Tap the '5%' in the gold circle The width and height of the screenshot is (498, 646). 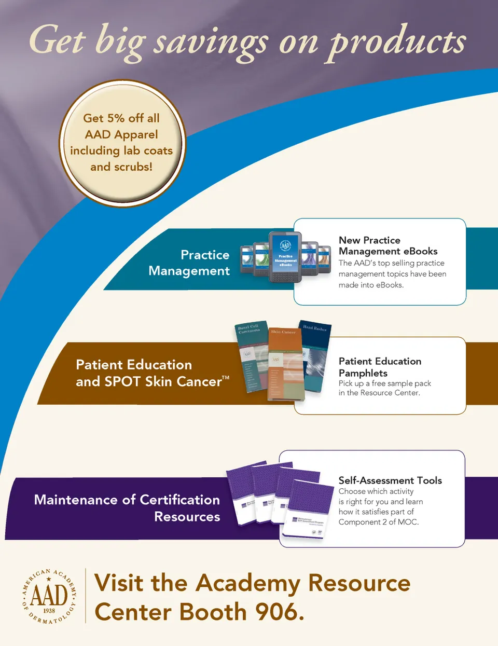(x=116, y=118)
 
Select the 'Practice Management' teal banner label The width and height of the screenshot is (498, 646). (x=189, y=263)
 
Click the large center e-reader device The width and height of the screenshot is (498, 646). (x=285, y=257)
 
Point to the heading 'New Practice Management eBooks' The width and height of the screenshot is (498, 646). (x=388, y=245)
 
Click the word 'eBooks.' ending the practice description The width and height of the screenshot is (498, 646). (x=390, y=285)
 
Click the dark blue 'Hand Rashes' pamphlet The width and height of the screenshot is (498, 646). (x=316, y=358)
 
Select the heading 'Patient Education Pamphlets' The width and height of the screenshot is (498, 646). (x=380, y=367)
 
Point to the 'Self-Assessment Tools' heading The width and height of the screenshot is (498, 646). (x=390, y=480)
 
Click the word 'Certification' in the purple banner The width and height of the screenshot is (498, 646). (x=179, y=500)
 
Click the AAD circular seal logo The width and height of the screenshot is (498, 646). (x=49, y=596)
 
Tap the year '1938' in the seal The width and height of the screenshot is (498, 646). (x=49, y=611)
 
